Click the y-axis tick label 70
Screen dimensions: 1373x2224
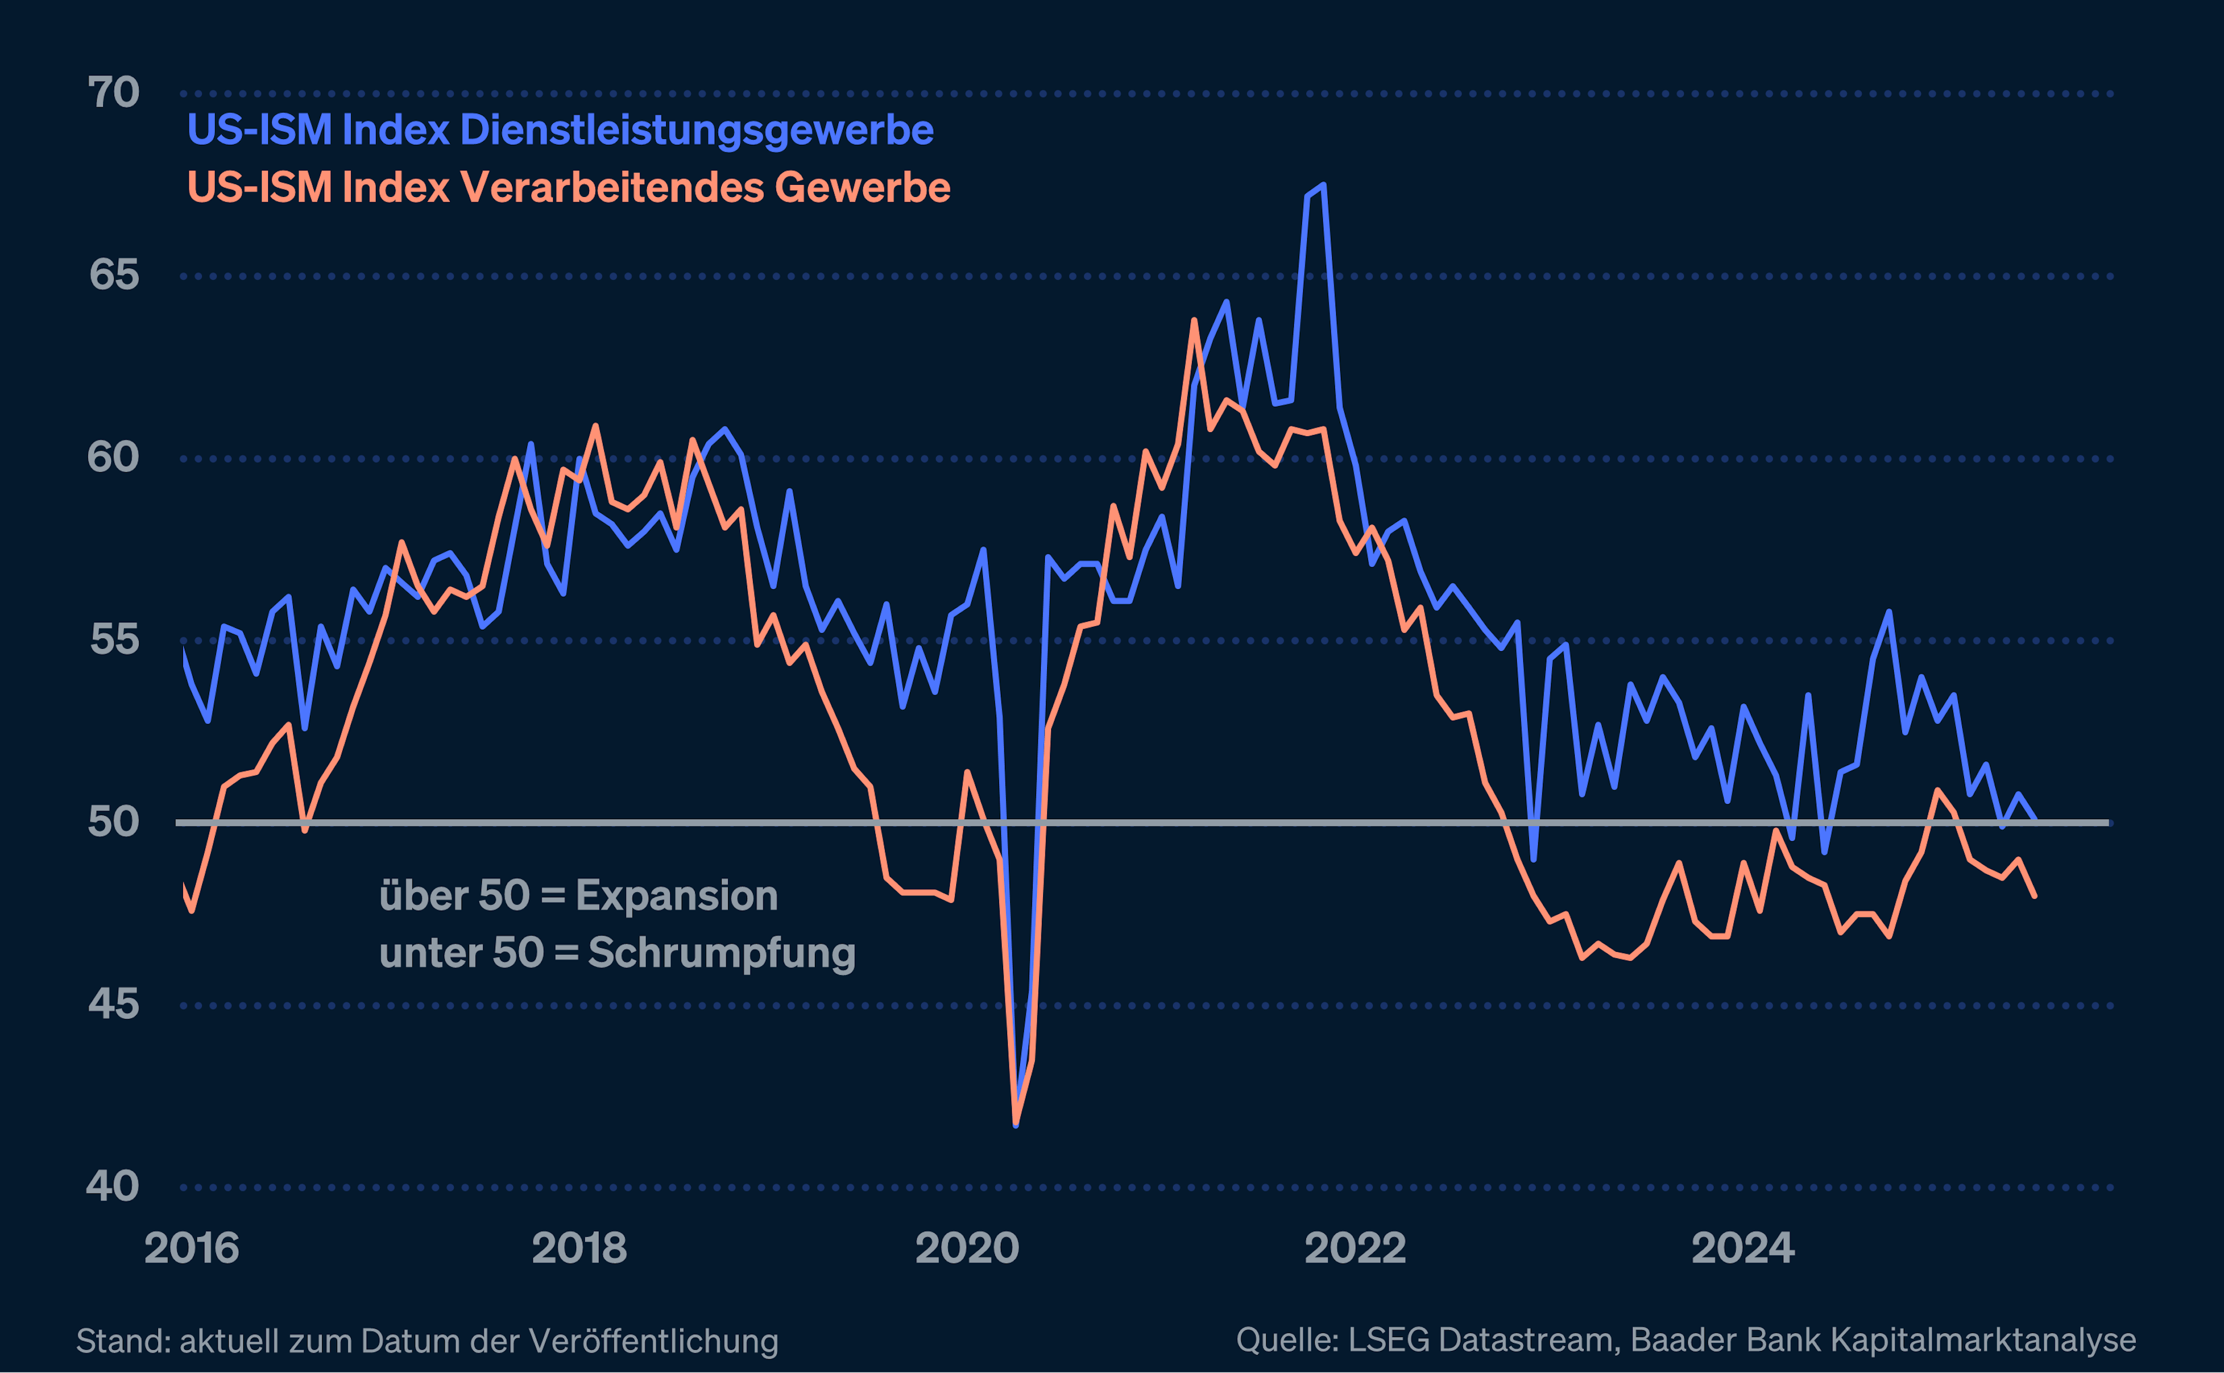114,93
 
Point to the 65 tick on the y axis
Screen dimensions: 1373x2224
114,275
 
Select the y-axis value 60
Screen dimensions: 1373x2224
114,458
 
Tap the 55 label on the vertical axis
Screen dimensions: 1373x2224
114,640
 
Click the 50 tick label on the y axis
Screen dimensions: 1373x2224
114,822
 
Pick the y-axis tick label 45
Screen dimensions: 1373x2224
114,1005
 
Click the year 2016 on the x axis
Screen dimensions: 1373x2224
192,1248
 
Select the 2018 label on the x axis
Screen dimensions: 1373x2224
579,1248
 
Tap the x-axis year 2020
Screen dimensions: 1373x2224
967,1248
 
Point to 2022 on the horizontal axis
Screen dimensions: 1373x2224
1355,1248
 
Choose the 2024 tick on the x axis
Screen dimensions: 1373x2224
1743,1248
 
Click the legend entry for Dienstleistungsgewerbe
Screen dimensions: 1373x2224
560,130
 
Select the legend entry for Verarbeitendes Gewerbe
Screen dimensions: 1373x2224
568,188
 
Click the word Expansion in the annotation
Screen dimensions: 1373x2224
676,896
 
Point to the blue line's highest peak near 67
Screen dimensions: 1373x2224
1323,185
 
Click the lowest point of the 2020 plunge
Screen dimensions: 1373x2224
1016,1124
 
